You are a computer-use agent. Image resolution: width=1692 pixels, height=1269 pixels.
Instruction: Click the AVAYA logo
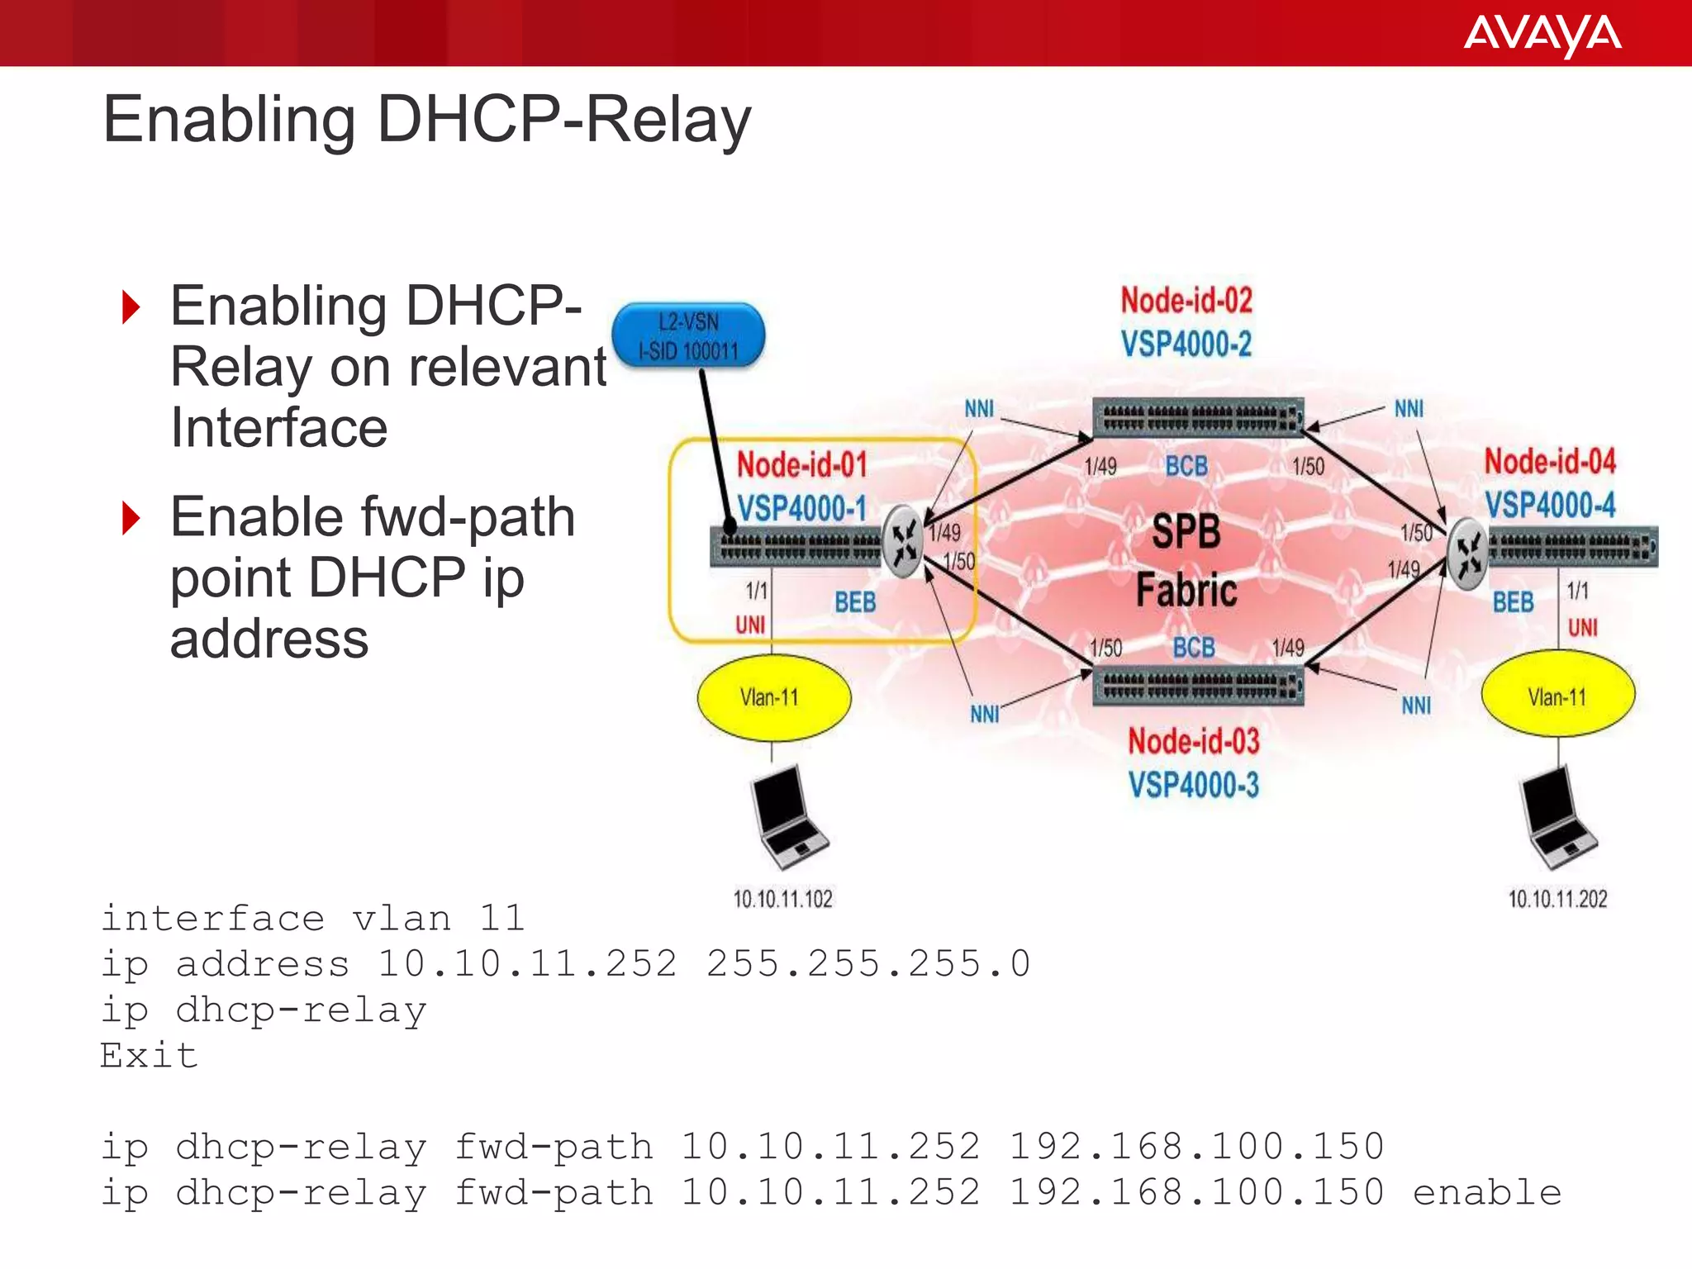[1542, 35]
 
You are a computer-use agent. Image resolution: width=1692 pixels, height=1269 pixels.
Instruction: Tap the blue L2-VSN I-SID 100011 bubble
[688, 335]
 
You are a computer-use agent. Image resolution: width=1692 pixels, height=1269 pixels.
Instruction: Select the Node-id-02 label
[1186, 300]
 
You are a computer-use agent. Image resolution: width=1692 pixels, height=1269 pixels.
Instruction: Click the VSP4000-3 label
[1193, 784]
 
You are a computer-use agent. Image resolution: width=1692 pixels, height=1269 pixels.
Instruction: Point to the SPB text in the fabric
[1186, 531]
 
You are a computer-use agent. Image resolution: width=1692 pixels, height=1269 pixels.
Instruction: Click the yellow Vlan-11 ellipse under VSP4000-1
[773, 697]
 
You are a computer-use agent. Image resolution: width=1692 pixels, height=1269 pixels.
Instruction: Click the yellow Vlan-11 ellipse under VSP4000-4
[1557, 696]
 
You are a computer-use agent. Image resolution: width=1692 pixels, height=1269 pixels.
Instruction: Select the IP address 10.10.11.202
[1557, 899]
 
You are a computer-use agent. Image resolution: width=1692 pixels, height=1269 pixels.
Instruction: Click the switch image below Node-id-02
[1197, 417]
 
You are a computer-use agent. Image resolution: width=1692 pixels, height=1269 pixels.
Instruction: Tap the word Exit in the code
[150, 1055]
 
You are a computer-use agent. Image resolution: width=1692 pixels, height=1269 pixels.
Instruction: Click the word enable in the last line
[1486, 1192]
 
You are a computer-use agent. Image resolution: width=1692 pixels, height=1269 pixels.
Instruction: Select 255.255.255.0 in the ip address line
[867, 963]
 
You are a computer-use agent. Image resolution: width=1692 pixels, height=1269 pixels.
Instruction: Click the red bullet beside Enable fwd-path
[131, 518]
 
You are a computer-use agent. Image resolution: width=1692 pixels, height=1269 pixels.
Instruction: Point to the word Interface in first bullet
[278, 428]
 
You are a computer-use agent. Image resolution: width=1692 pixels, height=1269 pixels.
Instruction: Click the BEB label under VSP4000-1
[854, 601]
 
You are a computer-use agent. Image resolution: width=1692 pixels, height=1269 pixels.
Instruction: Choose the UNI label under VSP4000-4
[1582, 627]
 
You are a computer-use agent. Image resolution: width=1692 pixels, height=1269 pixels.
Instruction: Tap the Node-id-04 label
[1549, 461]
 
